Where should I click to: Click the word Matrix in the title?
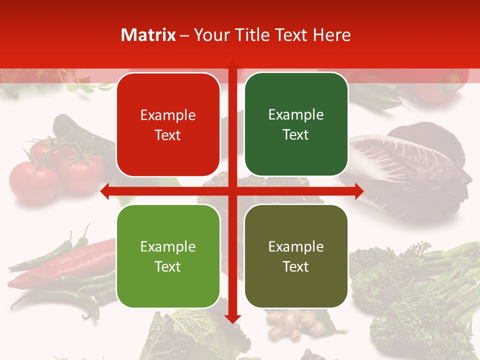click(148, 35)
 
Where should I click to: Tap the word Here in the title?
click(331, 35)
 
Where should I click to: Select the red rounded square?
click(168, 124)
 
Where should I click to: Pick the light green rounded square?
click(168, 256)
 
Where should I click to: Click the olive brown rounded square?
click(296, 256)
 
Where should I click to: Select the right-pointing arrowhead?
click(358, 191)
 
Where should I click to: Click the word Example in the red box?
click(168, 115)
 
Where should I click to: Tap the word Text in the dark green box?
click(296, 134)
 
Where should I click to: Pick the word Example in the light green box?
click(168, 246)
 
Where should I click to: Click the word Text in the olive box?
click(296, 266)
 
